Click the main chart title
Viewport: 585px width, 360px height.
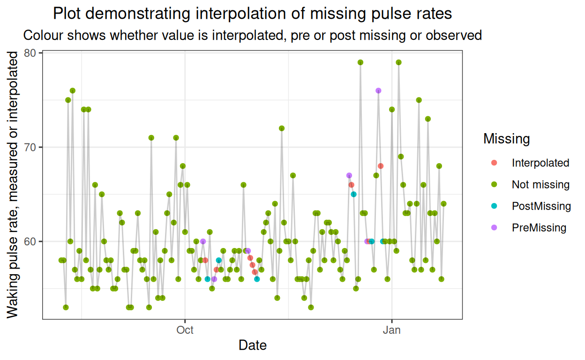tap(252, 14)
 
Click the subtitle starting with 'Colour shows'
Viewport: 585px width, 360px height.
tap(252, 35)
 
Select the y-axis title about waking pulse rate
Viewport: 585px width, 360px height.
tap(14, 185)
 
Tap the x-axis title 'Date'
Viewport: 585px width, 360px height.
tap(252, 345)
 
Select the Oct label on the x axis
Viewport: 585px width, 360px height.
tap(185, 330)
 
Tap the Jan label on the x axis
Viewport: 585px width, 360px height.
tap(391, 330)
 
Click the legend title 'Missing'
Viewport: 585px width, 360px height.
tap(506, 139)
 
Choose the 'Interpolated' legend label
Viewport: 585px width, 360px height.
tap(540, 163)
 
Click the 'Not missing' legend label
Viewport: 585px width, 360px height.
tap(540, 185)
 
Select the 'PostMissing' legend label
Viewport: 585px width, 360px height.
tap(541, 206)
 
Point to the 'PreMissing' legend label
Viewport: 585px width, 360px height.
tap(539, 228)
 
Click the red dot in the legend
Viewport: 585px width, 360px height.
tap(494, 163)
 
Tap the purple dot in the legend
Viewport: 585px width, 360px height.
tap(494, 228)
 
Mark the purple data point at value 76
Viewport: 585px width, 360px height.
tap(378, 90)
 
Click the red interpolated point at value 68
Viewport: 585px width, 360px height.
tap(381, 166)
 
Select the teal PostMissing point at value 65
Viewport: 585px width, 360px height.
tap(354, 194)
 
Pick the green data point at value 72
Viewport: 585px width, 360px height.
tap(282, 128)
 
